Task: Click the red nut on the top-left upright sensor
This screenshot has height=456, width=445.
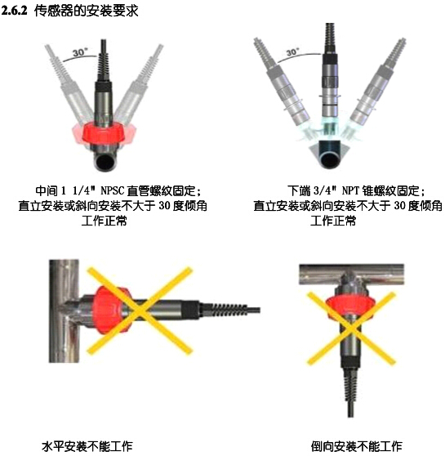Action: (x=105, y=132)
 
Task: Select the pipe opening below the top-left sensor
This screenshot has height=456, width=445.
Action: (x=107, y=161)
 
